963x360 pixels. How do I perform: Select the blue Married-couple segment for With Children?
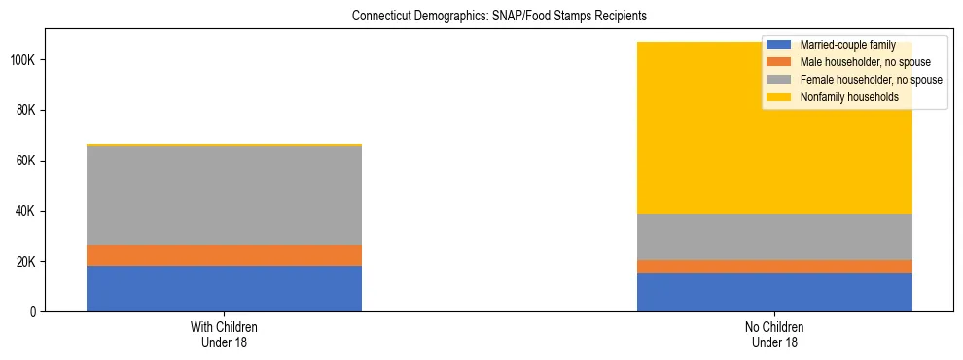point(224,288)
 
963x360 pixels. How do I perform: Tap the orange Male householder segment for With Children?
point(224,255)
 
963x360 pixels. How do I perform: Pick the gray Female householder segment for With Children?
point(224,195)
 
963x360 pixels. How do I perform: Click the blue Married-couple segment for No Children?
point(774,292)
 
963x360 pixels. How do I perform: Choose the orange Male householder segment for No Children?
point(774,267)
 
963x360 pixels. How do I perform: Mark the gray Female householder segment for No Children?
point(774,236)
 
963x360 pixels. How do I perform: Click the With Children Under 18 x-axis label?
point(224,334)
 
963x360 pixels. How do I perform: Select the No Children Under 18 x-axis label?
point(774,334)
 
